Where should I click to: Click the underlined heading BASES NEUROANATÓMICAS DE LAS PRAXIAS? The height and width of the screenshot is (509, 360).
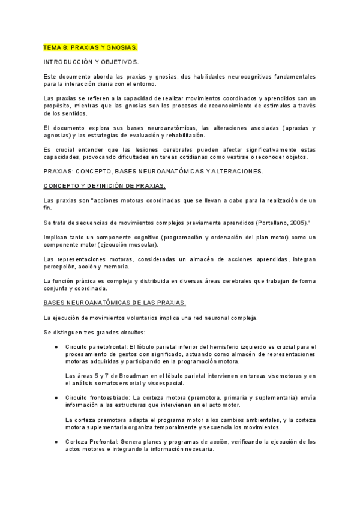(115, 302)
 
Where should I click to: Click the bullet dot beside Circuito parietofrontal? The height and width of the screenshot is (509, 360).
(56, 347)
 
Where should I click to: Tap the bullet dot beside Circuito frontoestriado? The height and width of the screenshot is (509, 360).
(56, 398)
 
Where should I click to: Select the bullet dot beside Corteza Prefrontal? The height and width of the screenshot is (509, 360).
(56, 442)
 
